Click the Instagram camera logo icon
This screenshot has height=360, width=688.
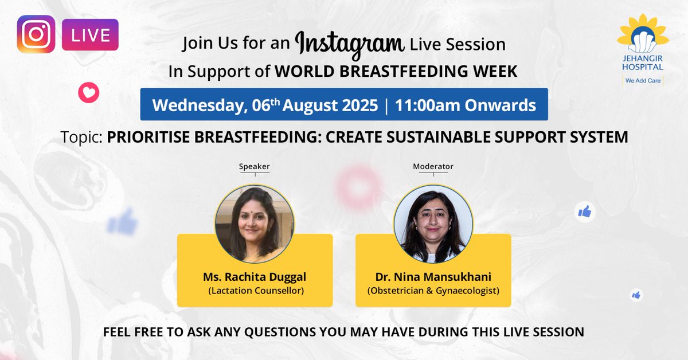[36, 34]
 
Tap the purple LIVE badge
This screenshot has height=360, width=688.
[90, 35]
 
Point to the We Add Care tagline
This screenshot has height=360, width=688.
[643, 81]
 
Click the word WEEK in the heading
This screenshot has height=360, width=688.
[496, 71]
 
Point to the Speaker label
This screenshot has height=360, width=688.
[254, 167]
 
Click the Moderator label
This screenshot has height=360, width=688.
[433, 167]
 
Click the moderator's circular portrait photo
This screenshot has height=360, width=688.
[433, 224]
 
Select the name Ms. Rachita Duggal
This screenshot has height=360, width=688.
[255, 277]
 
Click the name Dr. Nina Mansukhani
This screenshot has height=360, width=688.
[433, 277]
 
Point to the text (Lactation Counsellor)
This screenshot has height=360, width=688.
[255, 291]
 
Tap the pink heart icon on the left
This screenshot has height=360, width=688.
[89, 92]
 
